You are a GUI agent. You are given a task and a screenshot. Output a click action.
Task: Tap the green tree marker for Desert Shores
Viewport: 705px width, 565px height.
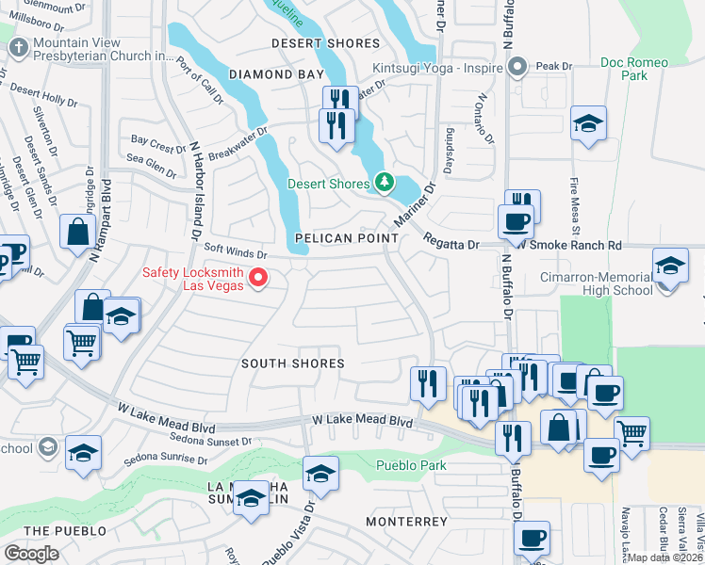pyautogui.click(x=383, y=182)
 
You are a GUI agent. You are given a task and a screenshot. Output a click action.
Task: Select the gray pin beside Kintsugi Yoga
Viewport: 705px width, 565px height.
pyautogui.click(x=516, y=67)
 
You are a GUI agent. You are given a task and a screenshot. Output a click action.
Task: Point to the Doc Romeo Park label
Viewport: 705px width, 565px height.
pyautogui.click(x=635, y=69)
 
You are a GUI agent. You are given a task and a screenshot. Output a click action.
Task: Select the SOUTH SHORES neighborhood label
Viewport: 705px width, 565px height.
pyautogui.click(x=292, y=363)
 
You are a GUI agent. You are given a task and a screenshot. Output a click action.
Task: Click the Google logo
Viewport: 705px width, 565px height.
pyautogui.click(x=31, y=553)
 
